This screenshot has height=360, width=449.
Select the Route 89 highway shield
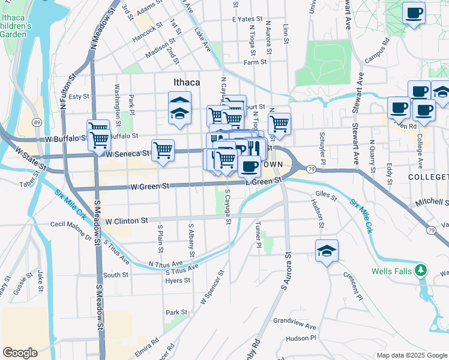click(37, 122)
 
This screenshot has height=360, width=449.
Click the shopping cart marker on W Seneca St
click(163, 150)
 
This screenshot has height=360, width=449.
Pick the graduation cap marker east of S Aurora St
click(327, 251)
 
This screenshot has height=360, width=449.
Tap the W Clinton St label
click(126, 221)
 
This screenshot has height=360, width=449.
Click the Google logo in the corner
click(20, 353)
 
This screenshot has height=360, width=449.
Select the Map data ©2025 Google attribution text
click(411, 355)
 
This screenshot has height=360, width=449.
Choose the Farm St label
click(255, 62)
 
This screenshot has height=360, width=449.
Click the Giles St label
click(327, 194)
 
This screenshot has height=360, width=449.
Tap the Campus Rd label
click(378, 52)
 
